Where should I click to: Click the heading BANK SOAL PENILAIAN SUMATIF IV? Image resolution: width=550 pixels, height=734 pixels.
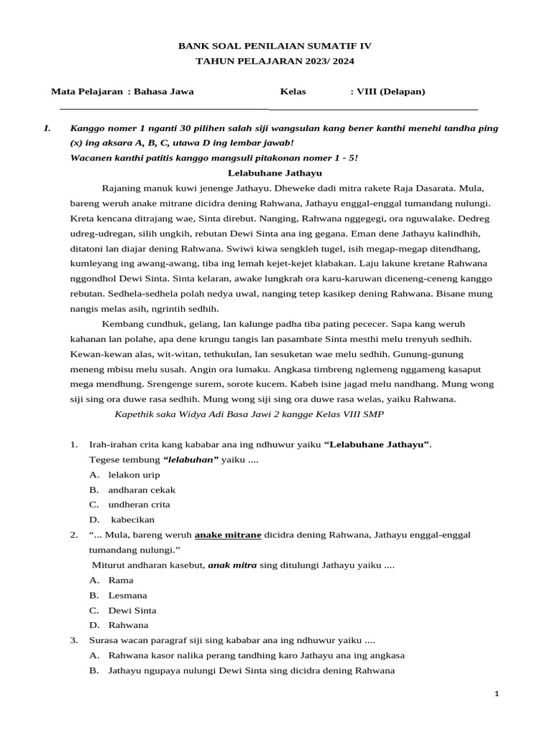275,46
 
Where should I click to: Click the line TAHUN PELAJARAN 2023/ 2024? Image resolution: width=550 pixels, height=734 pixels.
275,62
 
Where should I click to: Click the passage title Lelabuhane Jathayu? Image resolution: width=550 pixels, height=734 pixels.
275,173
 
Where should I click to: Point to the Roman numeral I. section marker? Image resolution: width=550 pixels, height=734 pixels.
47,128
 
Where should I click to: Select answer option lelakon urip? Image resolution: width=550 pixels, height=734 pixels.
134,475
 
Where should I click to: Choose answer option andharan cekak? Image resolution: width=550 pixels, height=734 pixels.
142,490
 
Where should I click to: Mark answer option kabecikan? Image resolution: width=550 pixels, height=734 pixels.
132,520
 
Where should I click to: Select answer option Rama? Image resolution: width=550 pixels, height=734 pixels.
121,580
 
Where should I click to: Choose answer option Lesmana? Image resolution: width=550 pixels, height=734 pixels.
127,595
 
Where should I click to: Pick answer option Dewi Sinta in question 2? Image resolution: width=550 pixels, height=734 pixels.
132,610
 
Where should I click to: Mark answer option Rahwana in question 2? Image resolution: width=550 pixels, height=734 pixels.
129,625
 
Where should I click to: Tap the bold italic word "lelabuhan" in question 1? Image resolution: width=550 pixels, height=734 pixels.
190,459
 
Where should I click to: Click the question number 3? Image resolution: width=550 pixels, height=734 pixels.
74,640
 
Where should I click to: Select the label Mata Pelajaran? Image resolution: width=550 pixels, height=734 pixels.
86,92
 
